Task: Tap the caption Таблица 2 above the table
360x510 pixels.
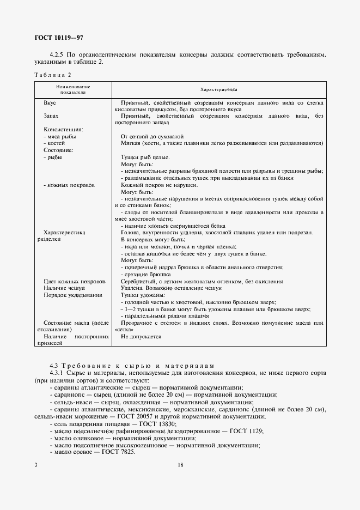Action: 53,75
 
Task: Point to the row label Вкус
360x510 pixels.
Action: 50,102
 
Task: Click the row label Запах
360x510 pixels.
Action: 52,116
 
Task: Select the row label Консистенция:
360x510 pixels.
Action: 63,130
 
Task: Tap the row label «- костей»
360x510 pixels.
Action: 54,143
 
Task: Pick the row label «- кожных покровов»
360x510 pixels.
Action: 69,185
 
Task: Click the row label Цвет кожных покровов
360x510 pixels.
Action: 75,281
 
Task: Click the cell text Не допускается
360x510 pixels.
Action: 141,337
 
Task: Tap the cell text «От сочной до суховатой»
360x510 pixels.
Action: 152,136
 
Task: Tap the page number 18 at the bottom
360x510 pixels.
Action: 180,465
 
